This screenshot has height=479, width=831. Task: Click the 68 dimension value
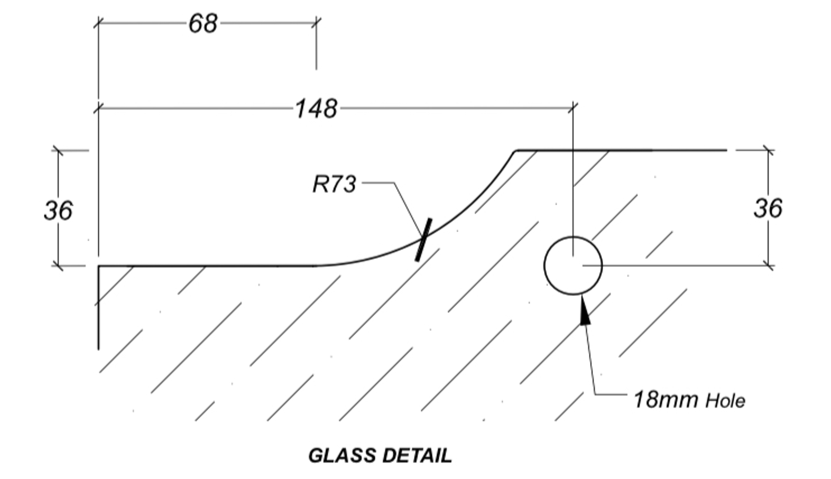[203, 24]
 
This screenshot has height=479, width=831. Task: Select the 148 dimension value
[316, 109]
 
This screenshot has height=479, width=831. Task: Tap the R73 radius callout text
[334, 184]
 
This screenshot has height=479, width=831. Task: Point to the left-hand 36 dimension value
[58, 210]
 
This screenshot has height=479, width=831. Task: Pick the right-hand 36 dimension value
[768, 208]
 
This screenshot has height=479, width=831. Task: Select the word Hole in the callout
[725, 401]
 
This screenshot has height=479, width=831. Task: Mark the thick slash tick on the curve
[423, 240]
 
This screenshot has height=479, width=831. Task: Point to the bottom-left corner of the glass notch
[99, 267]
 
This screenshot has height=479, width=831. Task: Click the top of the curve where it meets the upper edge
[515, 151]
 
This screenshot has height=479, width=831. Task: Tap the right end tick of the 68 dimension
[316, 23]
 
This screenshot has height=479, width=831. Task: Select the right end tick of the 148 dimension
[573, 108]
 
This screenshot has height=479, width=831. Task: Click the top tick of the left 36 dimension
[58, 151]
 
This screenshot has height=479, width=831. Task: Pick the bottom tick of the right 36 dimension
[768, 266]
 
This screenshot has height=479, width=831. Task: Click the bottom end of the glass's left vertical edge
[98, 348]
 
